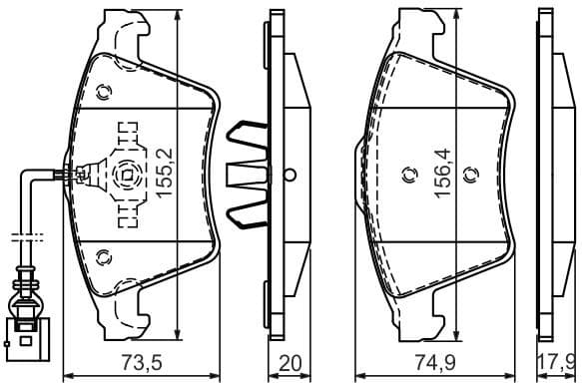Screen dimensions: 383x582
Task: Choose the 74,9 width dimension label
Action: [x=436, y=362]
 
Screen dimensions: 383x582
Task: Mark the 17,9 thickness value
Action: [x=556, y=362]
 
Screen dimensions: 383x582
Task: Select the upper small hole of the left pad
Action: [x=105, y=92]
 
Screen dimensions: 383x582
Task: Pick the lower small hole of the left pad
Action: [x=101, y=259]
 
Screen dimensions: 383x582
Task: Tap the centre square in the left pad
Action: [x=126, y=177]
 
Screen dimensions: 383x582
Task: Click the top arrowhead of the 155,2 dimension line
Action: [x=178, y=19]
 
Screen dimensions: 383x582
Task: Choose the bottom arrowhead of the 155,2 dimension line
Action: [x=178, y=334]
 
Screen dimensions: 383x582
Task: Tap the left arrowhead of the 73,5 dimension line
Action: [x=66, y=376]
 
